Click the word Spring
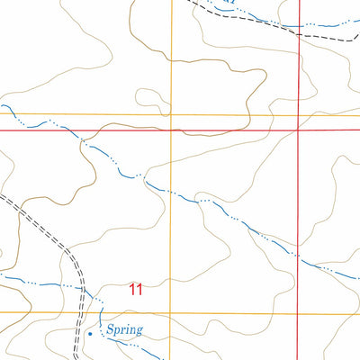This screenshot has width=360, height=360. (124, 330)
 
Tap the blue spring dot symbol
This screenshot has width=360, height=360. (90, 334)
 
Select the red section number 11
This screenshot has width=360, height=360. (135, 289)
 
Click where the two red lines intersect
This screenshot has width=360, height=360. (298, 130)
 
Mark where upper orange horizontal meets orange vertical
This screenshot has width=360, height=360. (171, 115)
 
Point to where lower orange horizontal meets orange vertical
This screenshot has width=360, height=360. (171, 312)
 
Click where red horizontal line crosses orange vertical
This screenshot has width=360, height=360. (171, 130)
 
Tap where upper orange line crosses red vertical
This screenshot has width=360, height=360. (298, 115)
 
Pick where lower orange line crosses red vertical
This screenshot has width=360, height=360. (298, 312)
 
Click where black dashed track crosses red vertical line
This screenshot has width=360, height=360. (298, 33)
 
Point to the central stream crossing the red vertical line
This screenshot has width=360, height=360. (298, 257)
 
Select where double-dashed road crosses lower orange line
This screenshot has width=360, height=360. (85, 312)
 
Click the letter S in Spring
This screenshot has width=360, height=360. (109, 330)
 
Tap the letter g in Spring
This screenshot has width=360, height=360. (139, 332)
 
